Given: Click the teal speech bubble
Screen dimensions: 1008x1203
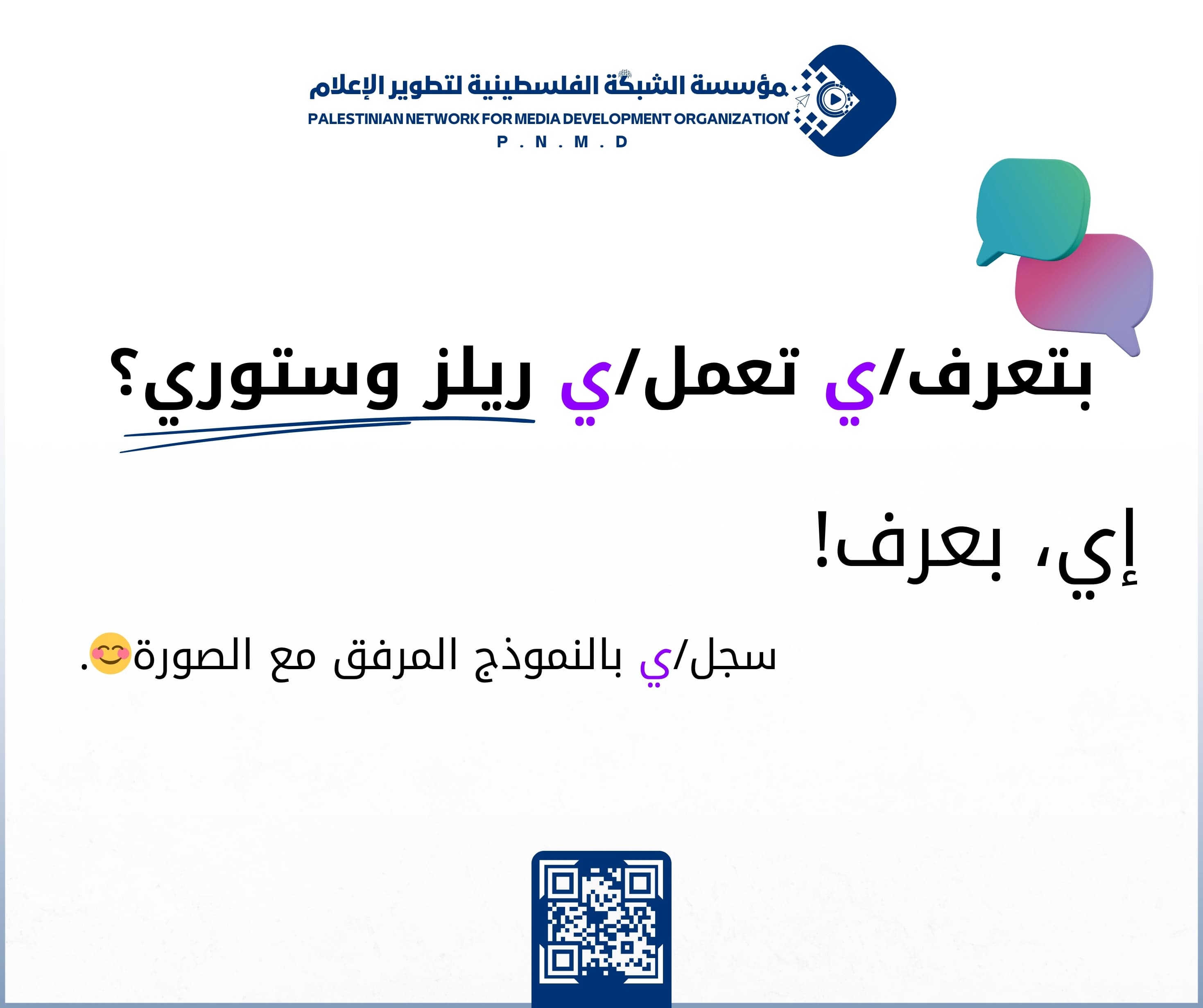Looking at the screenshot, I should point(1031,209).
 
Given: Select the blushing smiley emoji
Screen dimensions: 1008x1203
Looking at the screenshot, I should point(111,654).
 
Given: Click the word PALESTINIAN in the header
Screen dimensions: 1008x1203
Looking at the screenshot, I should point(355,119).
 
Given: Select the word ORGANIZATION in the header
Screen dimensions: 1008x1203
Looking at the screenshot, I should point(730,119).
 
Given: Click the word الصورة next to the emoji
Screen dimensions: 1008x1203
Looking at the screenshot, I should point(192,656).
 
